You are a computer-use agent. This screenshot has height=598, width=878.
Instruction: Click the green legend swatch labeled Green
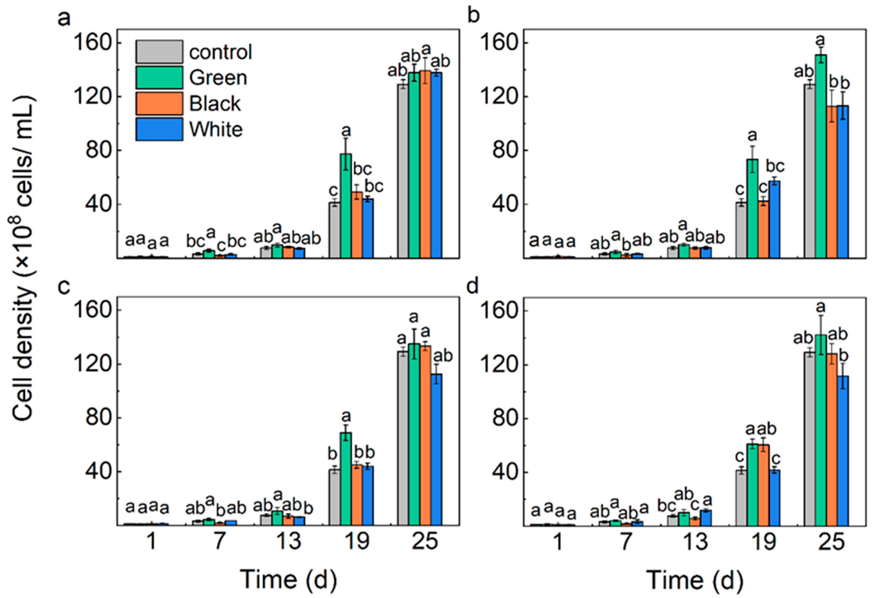coord(159,77)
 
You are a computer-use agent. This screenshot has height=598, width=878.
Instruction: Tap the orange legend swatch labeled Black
coord(159,103)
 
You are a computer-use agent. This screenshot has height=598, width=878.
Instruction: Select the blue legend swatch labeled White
coord(159,129)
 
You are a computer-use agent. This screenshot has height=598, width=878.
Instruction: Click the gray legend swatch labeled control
coord(159,52)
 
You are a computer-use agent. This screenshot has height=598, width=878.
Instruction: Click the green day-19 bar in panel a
coord(346,206)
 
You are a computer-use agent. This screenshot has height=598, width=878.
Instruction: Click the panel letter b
coord(473,16)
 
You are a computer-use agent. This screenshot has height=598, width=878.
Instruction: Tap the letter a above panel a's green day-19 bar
coord(346,131)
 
